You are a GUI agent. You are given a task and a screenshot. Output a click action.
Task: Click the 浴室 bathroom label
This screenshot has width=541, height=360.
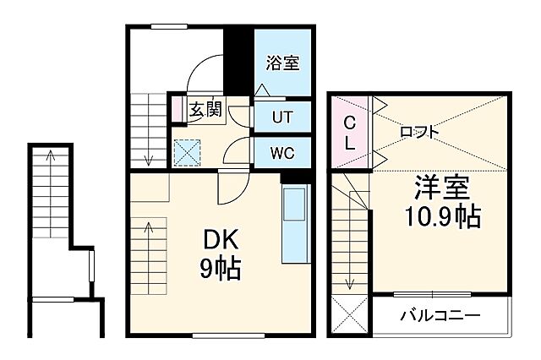(x=283, y=63)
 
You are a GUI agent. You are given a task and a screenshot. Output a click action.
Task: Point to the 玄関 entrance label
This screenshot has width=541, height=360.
(x=205, y=109)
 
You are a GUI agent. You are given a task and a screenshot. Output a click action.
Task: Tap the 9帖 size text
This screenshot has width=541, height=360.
(x=220, y=270)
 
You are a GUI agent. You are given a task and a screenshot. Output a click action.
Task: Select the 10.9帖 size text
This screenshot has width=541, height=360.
(x=441, y=217)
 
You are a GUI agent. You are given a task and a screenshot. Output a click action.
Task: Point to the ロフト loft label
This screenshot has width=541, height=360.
(x=419, y=131)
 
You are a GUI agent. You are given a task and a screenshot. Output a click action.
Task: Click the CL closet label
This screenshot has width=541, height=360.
(x=348, y=134)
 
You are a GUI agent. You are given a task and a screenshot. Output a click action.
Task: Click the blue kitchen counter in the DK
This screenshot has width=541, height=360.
(x=294, y=224)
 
